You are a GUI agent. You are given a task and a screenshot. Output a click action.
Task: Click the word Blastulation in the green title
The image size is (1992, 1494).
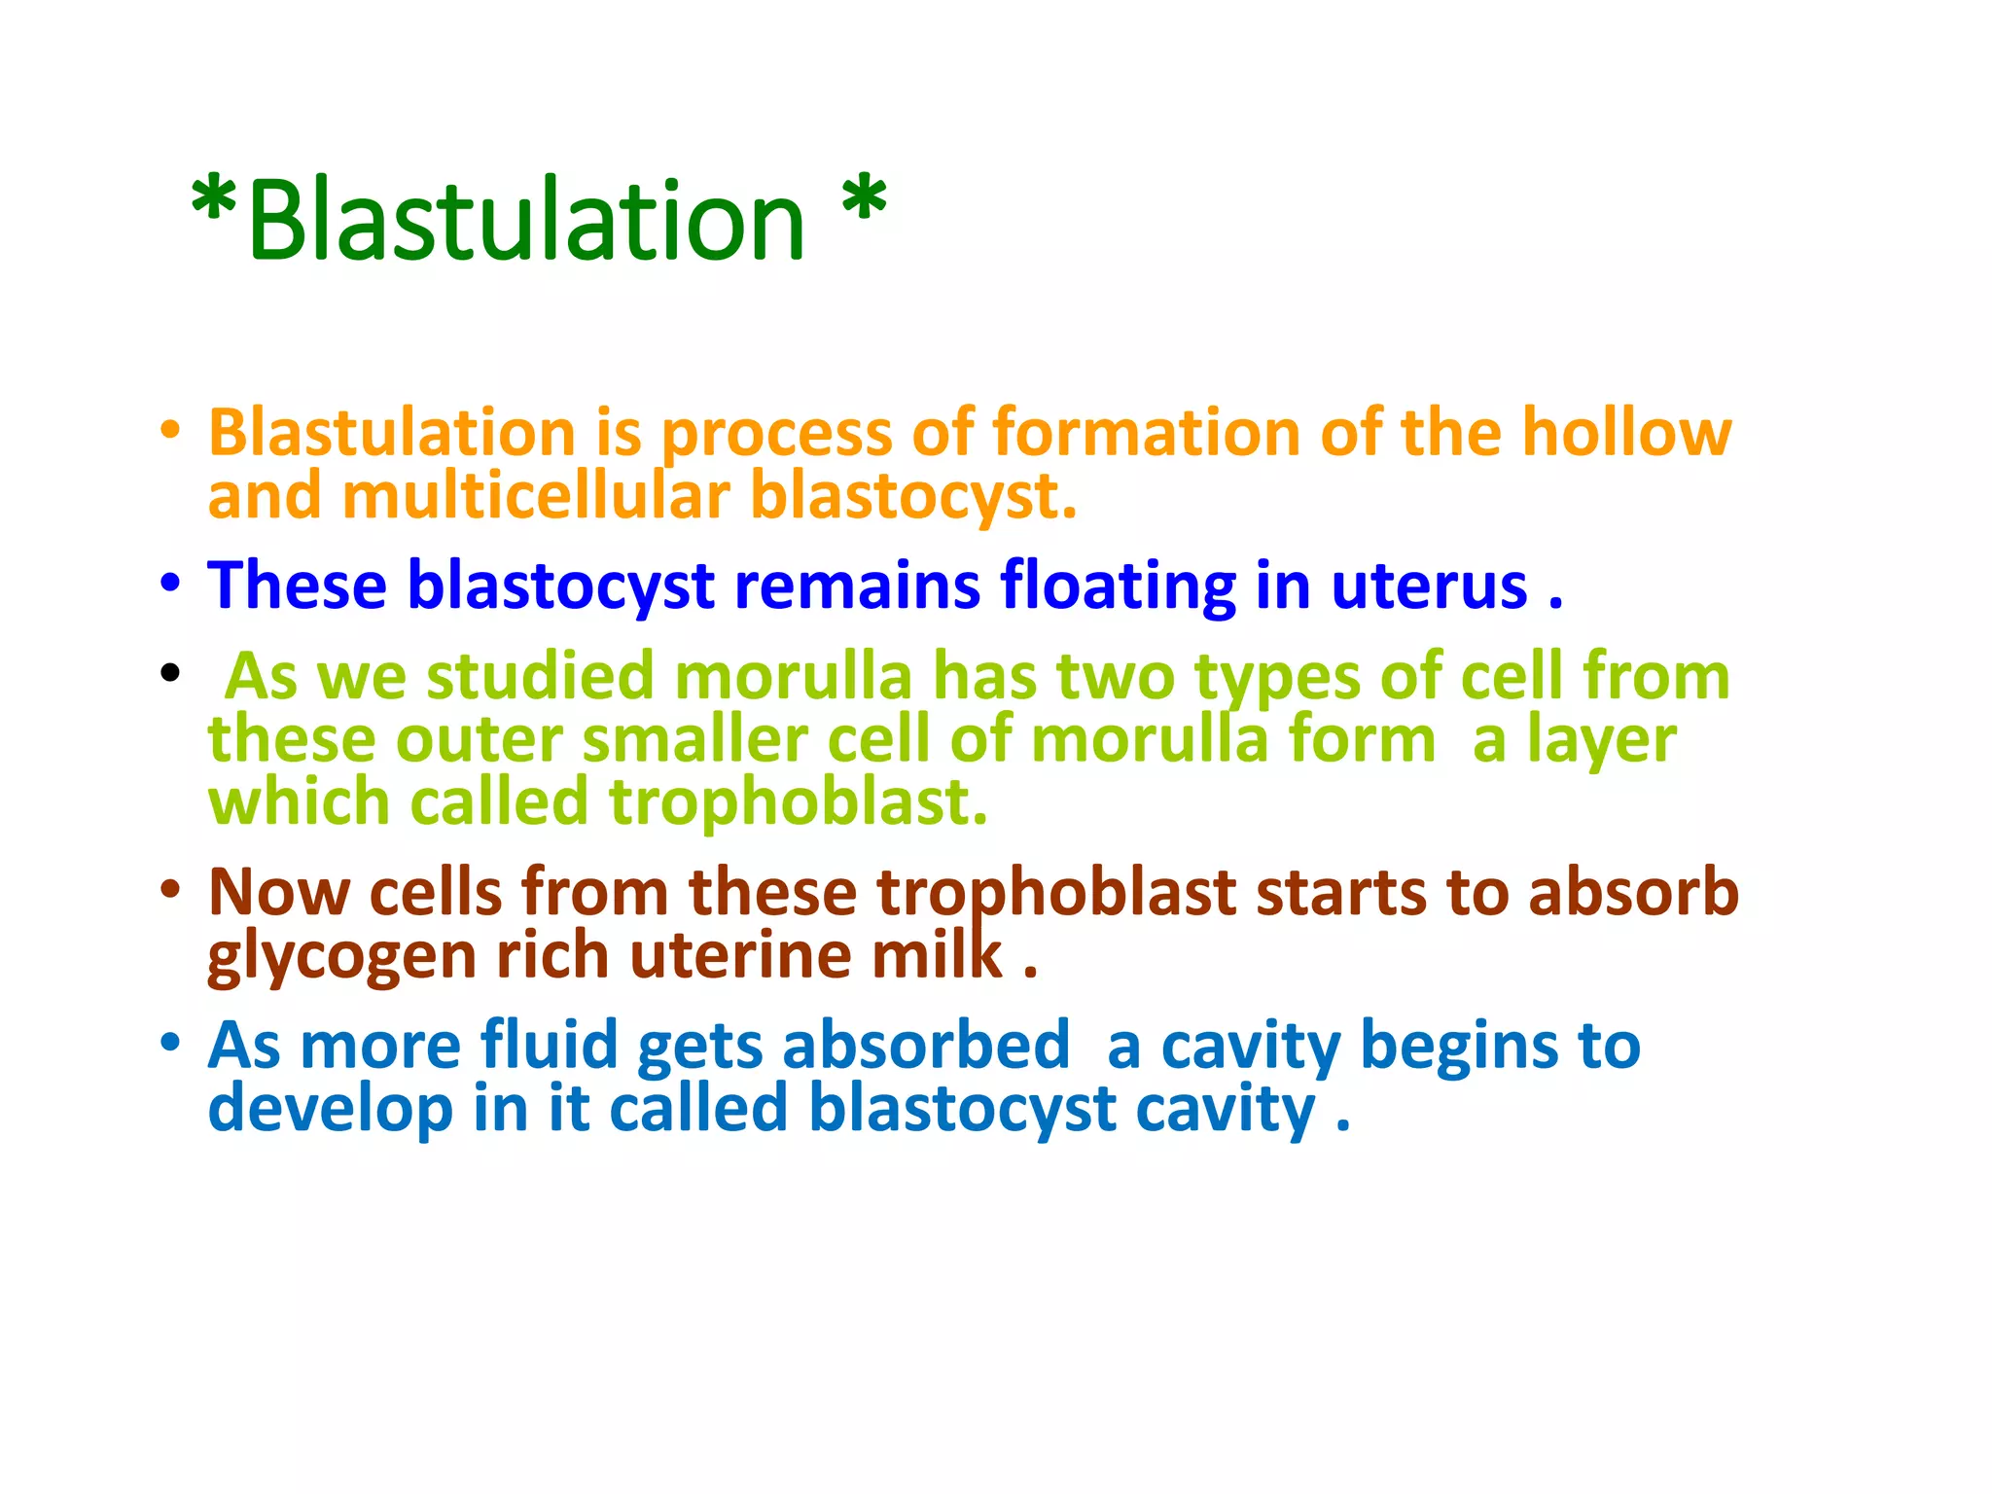click(526, 222)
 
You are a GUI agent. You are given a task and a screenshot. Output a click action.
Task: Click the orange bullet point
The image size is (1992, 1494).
click(171, 429)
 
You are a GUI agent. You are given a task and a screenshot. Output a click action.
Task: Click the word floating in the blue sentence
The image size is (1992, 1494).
click(1118, 586)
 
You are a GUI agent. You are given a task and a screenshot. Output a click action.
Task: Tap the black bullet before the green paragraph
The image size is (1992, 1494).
click(171, 673)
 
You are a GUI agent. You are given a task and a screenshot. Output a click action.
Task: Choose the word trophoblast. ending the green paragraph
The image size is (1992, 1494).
click(798, 802)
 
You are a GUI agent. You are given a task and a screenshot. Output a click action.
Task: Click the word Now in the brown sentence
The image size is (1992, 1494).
click(278, 892)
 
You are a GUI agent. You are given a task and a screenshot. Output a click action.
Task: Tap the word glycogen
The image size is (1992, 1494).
click(341, 957)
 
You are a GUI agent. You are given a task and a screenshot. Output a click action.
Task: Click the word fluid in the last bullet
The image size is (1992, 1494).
click(549, 1045)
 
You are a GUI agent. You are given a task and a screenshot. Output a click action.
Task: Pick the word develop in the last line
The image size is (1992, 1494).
click(330, 1109)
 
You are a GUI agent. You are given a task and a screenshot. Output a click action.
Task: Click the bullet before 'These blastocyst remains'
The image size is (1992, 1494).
click(171, 584)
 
